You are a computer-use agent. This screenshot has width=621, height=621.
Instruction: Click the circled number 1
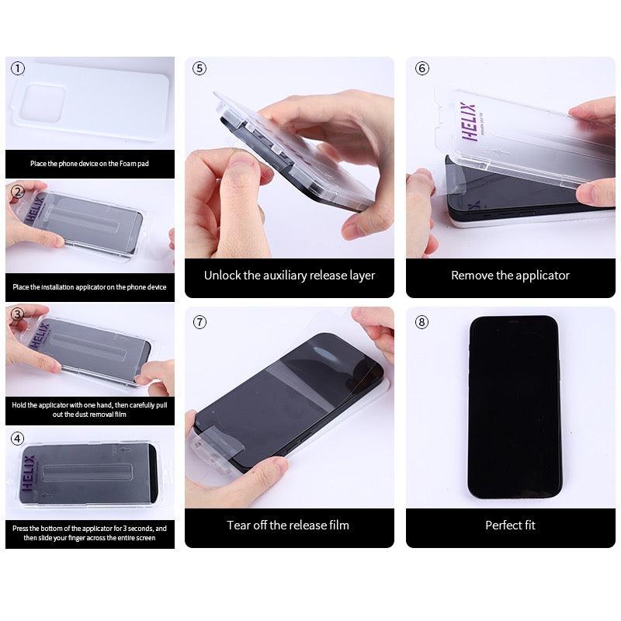coord(17,68)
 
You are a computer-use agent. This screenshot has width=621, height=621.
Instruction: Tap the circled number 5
coord(199,68)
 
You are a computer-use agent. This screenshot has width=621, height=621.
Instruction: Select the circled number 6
coord(422,68)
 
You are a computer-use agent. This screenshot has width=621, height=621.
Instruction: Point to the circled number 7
coord(199,322)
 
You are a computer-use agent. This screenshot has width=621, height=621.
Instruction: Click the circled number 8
coord(422,322)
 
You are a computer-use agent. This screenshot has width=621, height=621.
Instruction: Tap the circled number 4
coord(17,439)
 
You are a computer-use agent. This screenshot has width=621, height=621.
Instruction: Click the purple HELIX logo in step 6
coord(469,122)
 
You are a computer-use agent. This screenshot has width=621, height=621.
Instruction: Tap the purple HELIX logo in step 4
coord(29,473)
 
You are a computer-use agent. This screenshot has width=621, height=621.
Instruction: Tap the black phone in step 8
coord(514,407)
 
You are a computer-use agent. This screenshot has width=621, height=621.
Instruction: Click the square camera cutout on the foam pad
coord(42,103)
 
